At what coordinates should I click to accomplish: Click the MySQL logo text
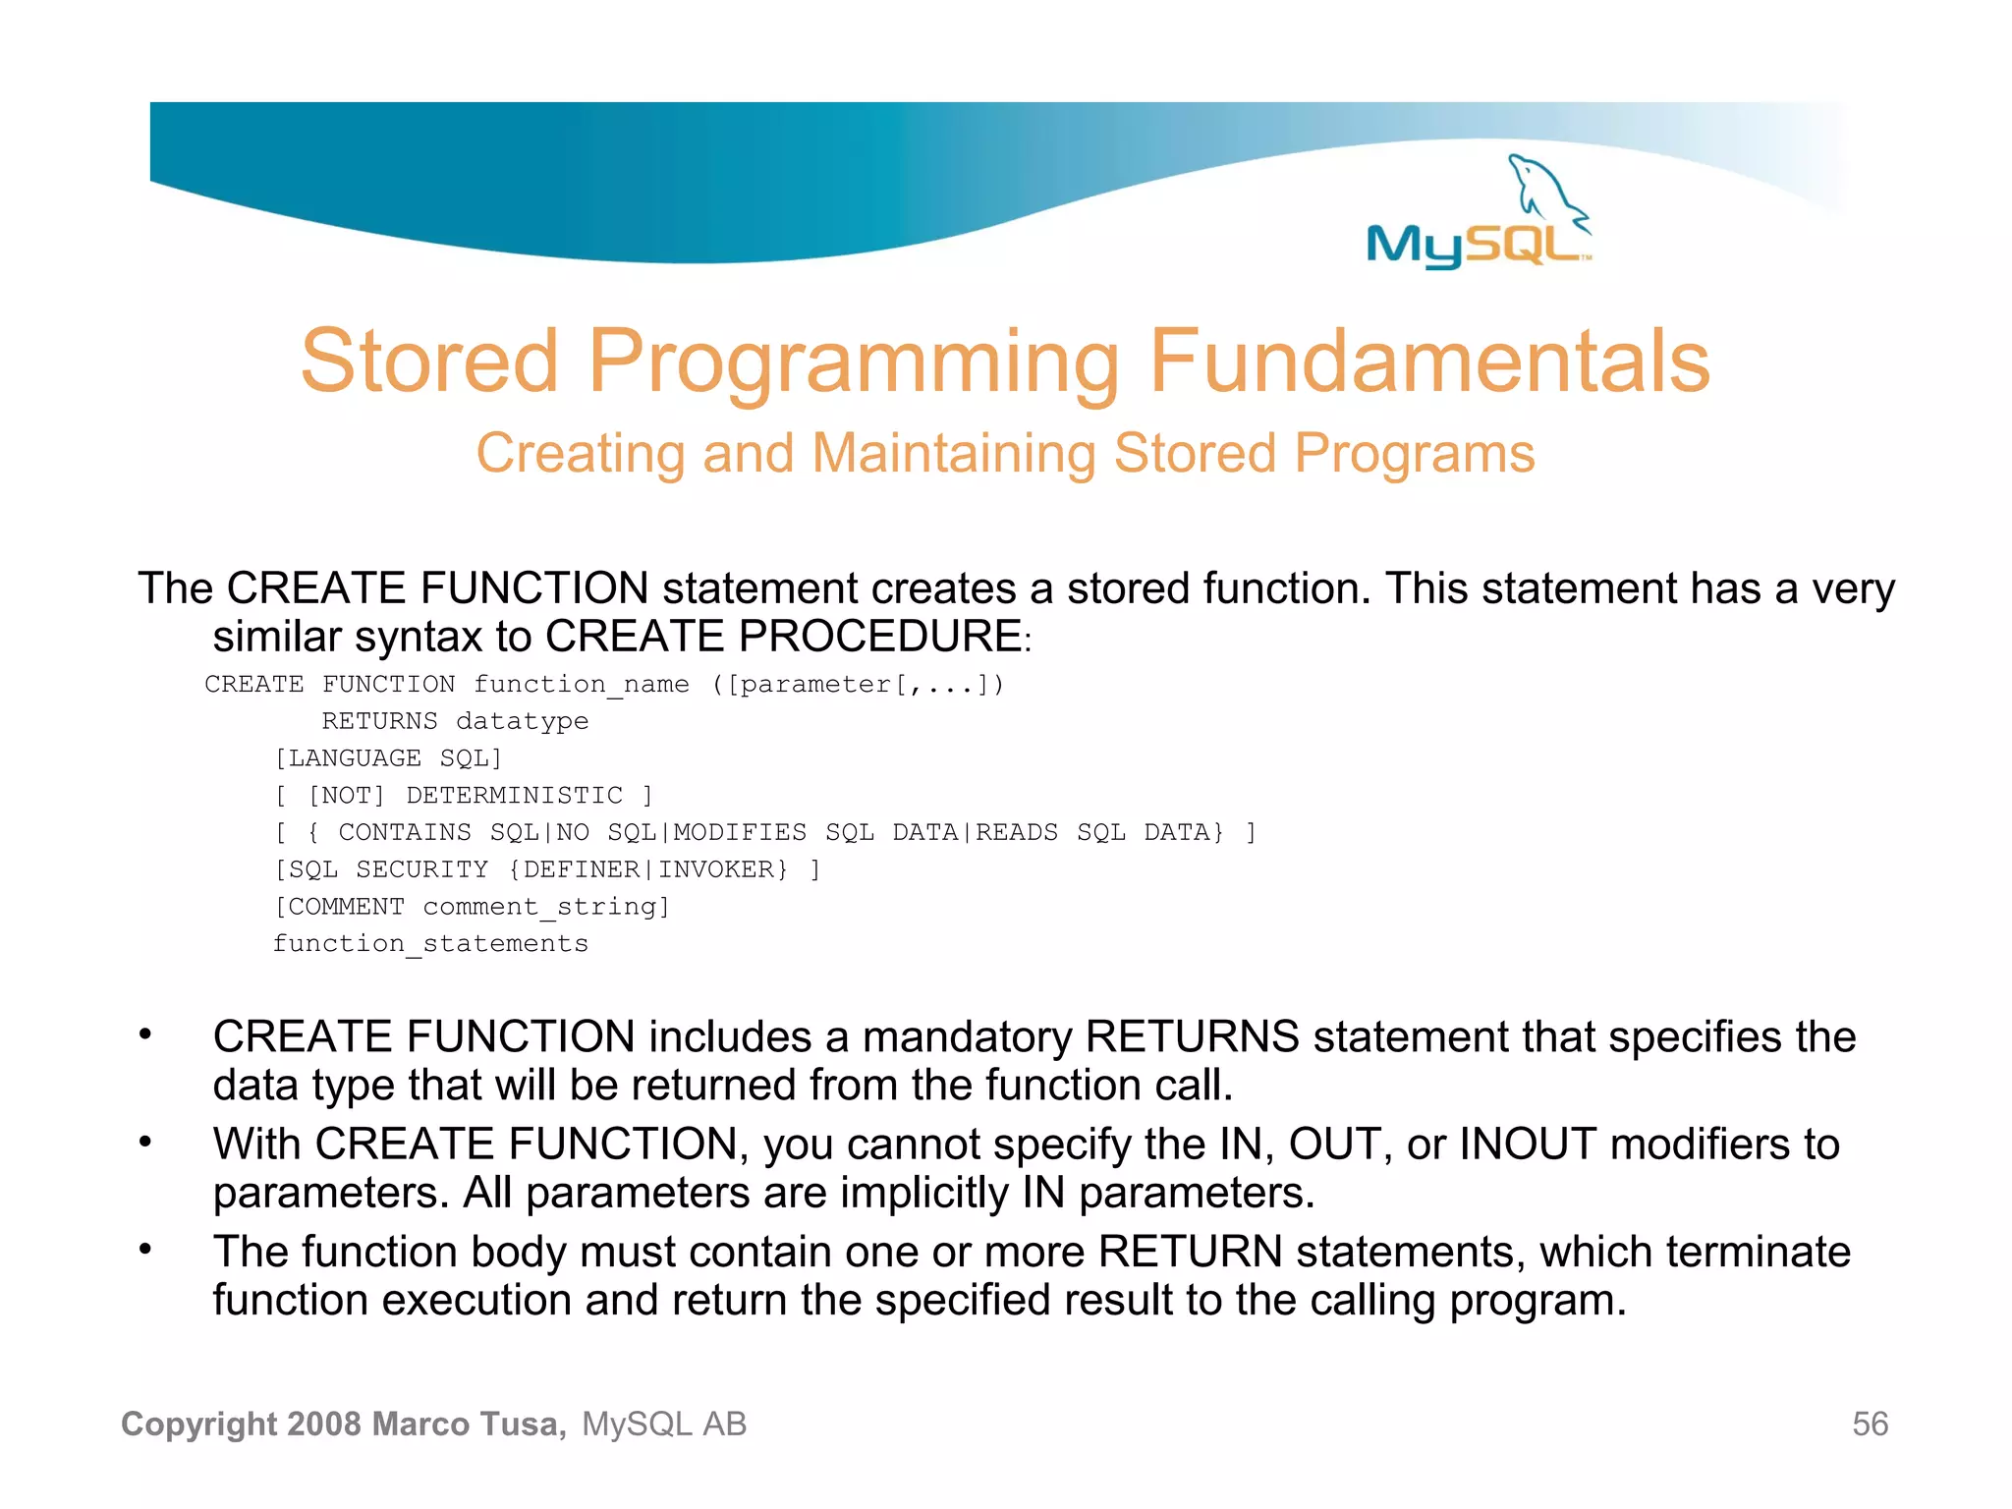click(x=1474, y=246)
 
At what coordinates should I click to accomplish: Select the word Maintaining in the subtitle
click(x=953, y=454)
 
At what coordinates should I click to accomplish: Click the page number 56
click(x=1870, y=1425)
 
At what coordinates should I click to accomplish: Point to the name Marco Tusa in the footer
click(x=469, y=1425)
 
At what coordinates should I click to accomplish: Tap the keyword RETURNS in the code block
click(x=379, y=721)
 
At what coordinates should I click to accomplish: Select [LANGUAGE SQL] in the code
click(x=388, y=758)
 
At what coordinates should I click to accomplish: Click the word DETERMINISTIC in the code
click(x=515, y=796)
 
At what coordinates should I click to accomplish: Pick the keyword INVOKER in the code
click(x=722, y=869)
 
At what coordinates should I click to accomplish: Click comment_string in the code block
click(x=545, y=907)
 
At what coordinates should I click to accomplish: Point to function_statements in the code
click(x=430, y=944)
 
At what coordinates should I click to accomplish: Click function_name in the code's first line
click(x=582, y=685)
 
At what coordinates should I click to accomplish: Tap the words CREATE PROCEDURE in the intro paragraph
click(x=784, y=637)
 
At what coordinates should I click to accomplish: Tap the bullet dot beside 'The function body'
click(x=145, y=1249)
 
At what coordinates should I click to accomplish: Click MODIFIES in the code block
click(x=740, y=833)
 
